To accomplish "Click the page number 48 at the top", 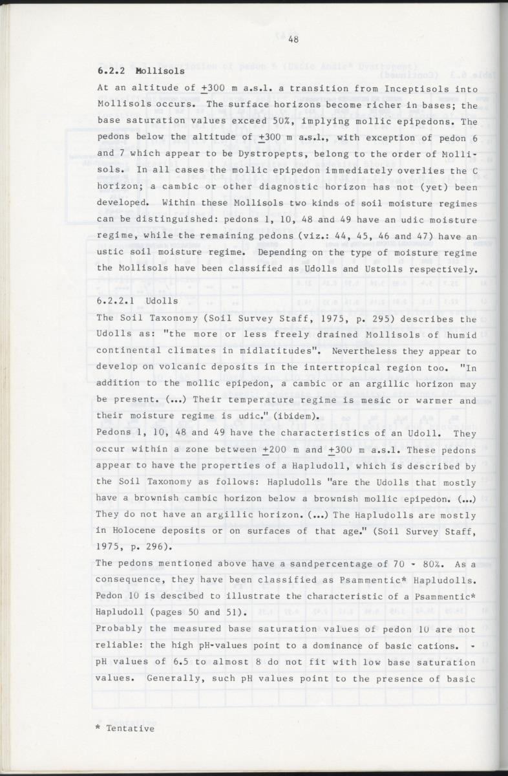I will (293, 39).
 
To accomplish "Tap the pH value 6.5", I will (175, 662).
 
